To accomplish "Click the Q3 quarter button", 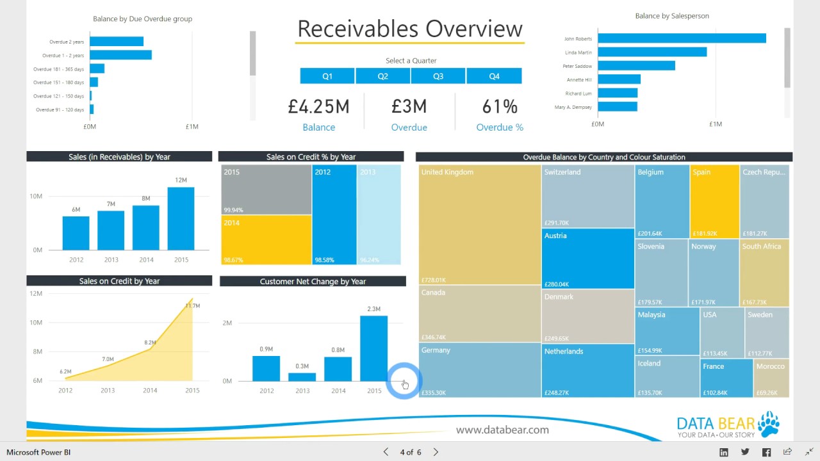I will pos(438,76).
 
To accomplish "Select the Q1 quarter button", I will pos(327,76).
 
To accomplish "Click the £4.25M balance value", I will pos(318,107).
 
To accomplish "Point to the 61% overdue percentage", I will pos(500,107).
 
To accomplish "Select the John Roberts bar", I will pos(682,38).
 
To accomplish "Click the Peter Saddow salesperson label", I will pos(577,66).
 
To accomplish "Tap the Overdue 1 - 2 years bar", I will pos(120,55).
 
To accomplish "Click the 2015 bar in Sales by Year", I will pos(181,218).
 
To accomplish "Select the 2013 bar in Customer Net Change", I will pos(302,377).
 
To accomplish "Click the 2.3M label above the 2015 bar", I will pos(373,309).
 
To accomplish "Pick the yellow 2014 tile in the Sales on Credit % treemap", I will pos(266,239).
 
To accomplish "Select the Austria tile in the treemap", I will pos(587,259).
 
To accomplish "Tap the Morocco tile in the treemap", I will pos(771,378).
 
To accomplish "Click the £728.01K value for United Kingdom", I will pos(434,280).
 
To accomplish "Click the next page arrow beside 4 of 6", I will pos(436,452).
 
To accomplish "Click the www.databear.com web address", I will pos(502,430).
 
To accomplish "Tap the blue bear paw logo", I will pos(769,423).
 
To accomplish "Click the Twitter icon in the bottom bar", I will pos(745,452).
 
